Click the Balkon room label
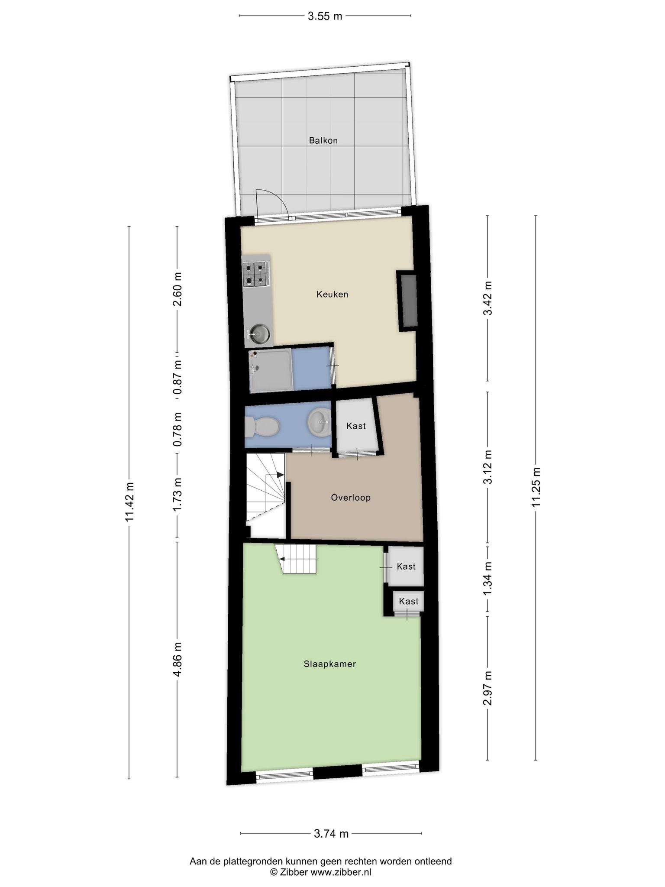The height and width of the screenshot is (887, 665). (323, 140)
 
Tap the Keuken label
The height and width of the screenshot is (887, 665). (332, 295)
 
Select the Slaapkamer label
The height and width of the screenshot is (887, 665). (330, 664)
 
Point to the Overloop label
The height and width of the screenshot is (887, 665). (351, 498)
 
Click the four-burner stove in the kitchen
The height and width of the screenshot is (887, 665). (256, 275)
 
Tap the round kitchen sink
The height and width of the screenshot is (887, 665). (259, 333)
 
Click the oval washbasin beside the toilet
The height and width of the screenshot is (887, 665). (320, 421)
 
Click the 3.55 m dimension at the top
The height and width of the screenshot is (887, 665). (325, 16)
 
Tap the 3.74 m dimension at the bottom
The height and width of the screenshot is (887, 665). (331, 834)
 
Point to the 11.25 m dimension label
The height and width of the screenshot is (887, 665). (536, 487)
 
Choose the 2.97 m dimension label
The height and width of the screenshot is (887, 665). (488, 688)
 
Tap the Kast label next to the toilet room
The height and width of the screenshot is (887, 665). (356, 426)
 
